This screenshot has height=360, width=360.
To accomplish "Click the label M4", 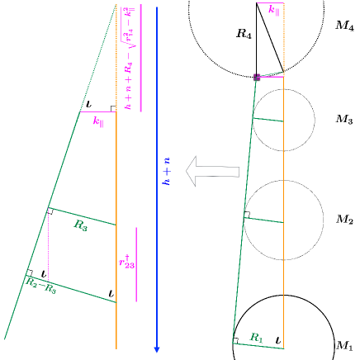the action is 344,26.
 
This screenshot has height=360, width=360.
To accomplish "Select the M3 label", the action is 344,120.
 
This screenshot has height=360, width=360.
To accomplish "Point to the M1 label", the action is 344,345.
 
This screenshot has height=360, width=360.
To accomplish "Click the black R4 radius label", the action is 244,35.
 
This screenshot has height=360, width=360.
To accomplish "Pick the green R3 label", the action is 80,224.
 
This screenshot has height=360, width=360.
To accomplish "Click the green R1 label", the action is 256,337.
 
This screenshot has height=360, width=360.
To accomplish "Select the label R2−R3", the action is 40,287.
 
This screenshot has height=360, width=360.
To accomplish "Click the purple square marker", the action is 257,77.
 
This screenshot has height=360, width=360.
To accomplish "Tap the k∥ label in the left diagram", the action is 98,121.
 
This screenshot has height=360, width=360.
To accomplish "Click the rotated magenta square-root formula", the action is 129,58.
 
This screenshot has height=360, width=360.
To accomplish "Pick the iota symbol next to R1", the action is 277,339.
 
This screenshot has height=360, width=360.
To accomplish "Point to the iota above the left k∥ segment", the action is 88,105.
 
